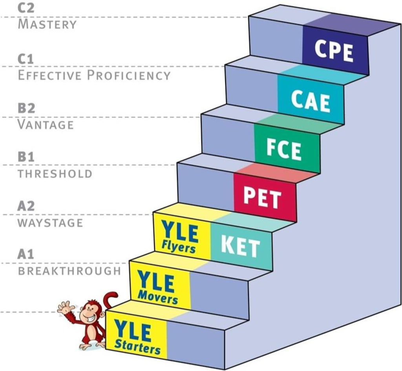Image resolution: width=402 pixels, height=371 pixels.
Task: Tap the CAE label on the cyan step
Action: (311, 101)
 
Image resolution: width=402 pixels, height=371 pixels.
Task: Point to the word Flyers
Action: (179, 248)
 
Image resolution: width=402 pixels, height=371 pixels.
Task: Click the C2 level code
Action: (26, 8)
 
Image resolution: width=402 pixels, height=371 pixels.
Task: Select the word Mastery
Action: (47, 24)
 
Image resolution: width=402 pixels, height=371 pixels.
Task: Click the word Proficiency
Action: (129, 75)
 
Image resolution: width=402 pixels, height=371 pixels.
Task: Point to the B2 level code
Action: (26, 108)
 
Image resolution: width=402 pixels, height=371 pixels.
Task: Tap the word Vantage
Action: (46, 124)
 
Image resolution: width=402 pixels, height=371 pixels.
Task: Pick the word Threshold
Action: (55, 174)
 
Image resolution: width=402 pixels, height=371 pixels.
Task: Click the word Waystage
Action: (50, 223)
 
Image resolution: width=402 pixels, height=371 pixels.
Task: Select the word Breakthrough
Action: (69, 271)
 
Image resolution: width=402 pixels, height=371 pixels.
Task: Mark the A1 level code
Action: (26, 255)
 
